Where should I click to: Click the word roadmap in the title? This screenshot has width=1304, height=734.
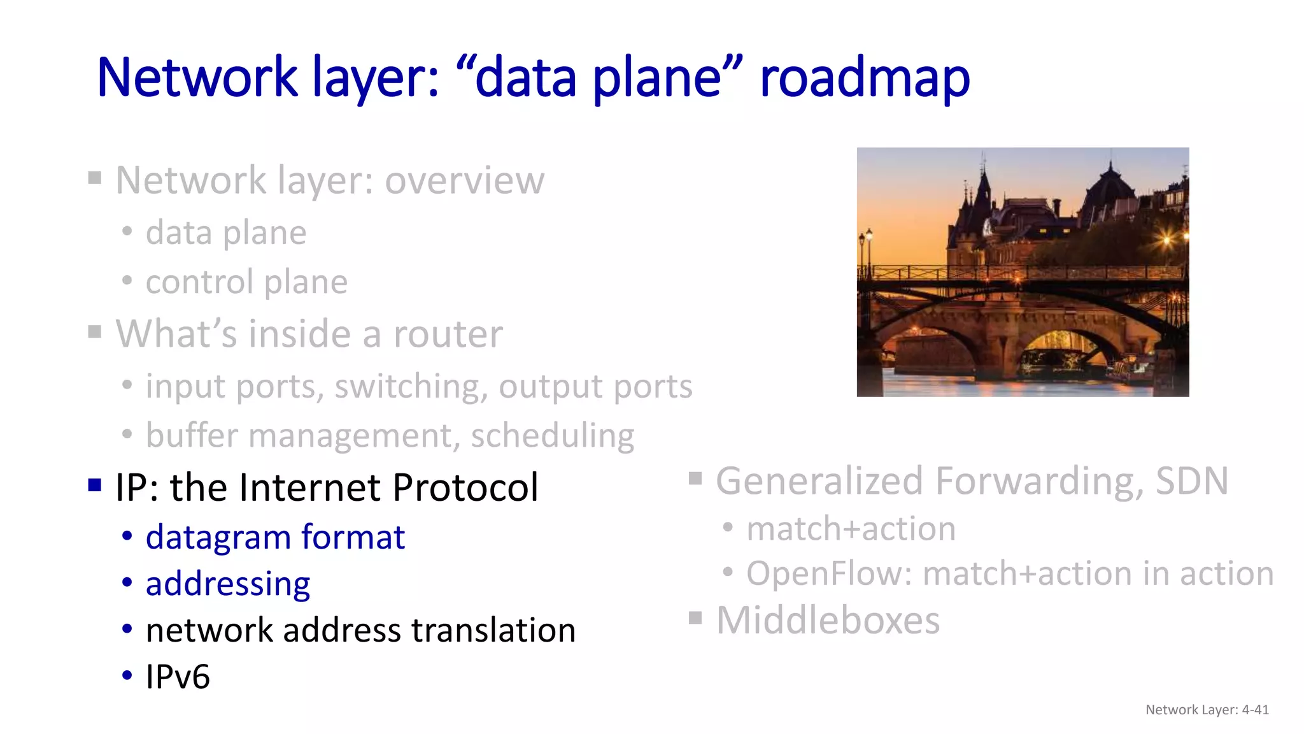865,78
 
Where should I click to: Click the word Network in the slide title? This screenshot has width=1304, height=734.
197,78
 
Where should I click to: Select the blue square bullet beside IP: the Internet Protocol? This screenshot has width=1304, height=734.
95,486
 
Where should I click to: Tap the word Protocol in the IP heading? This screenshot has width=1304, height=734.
465,487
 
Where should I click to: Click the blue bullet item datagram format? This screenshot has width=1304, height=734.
275,537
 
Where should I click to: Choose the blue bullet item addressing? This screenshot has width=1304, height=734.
228,584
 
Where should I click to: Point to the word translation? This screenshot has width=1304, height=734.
493,630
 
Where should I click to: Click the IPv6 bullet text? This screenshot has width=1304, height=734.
178,677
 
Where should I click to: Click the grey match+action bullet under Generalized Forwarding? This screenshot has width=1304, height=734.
851,529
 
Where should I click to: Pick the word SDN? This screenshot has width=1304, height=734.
1192,481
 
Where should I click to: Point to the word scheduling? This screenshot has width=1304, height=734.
552,436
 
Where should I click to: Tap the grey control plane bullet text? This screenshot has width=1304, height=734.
246,282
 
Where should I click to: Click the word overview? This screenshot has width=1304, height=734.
464,180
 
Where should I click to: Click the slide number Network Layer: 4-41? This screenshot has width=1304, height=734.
1207,710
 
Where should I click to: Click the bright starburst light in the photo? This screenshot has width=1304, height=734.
1166,240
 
